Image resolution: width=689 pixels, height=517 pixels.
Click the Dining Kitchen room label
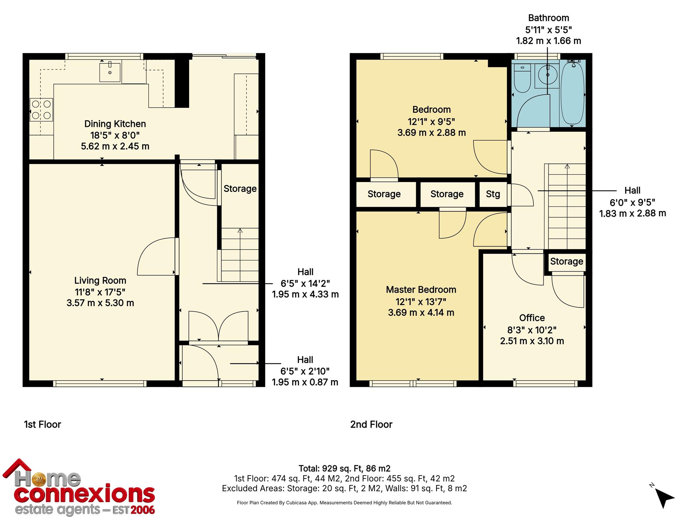click(x=115, y=124)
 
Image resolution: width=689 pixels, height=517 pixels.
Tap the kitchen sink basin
click(x=110, y=72)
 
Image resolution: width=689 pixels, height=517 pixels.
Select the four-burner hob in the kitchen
click(x=41, y=110)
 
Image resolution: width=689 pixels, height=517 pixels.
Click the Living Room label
click(x=100, y=281)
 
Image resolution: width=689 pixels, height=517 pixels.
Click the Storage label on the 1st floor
click(x=240, y=189)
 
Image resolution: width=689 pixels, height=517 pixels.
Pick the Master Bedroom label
click(x=421, y=290)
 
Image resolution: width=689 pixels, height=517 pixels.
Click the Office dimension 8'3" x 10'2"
click(x=532, y=330)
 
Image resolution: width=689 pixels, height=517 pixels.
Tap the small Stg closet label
click(x=493, y=194)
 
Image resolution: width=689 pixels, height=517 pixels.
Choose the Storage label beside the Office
click(x=567, y=261)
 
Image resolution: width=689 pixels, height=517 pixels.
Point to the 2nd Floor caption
click(x=371, y=424)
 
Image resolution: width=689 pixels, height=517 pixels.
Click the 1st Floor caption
click(x=42, y=424)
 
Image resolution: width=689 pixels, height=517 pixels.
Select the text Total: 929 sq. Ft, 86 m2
click(x=344, y=468)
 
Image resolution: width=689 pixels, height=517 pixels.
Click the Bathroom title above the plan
click(x=549, y=18)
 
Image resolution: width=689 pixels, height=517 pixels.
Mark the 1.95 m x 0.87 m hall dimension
click(x=305, y=382)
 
